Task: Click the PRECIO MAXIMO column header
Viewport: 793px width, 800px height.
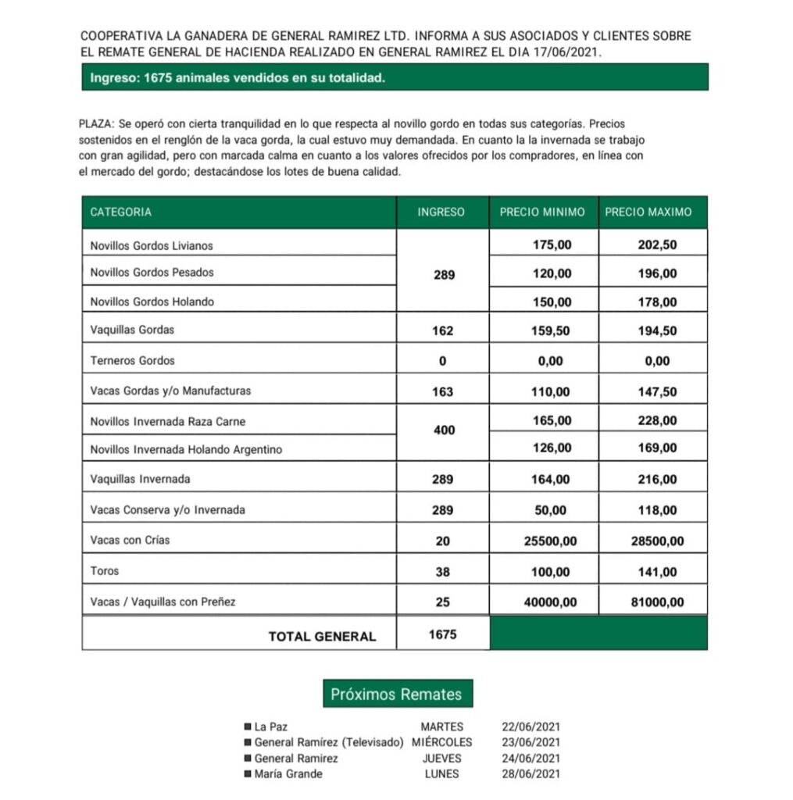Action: point(648,212)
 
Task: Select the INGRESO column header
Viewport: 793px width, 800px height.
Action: point(441,212)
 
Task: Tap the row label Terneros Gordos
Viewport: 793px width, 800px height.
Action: point(133,361)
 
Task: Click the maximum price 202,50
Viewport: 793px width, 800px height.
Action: point(657,245)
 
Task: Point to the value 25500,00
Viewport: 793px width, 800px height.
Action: point(547,541)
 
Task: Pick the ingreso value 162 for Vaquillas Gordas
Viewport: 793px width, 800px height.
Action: point(442,330)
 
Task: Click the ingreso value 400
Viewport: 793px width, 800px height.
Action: point(444,430)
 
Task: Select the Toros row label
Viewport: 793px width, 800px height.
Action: point(105,571)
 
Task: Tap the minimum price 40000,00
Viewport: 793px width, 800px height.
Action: point(547,602)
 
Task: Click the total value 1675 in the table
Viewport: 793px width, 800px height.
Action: point(442,634)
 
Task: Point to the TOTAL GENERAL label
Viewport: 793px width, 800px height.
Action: point(322,637)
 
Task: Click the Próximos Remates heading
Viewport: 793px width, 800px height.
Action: point(396,694)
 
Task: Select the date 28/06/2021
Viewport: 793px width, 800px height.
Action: point(531,774)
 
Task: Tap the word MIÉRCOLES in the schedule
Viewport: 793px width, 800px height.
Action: point(442,742)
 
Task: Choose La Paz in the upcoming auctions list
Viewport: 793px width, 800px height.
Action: point(271,727)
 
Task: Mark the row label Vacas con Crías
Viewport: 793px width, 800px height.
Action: point(130,540)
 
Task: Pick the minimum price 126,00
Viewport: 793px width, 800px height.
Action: point(552,448)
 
